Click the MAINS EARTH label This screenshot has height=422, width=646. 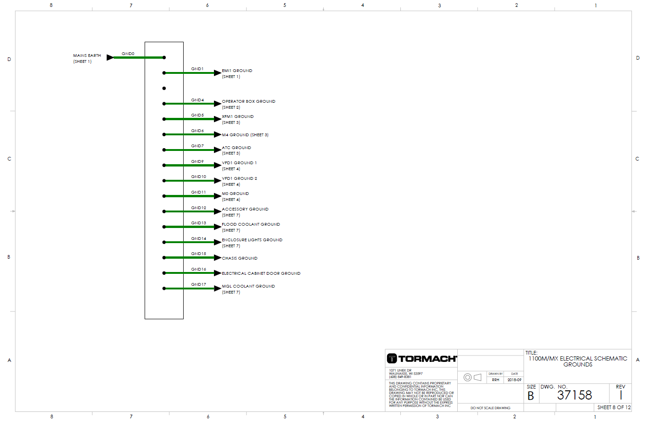click(x=87, y=56)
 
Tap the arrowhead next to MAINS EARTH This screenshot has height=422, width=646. click(x=110, y=57)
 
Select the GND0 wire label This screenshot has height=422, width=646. click(x=128, y=54)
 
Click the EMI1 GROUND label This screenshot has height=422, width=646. click(x=237, y=71)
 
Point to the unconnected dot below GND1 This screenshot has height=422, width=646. click(x=164, y=88)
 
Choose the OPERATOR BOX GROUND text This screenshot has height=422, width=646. click(x=248, y=101)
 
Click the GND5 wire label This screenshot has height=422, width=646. click(x=197, y=115)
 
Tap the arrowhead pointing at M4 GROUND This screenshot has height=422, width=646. click(x=218, y=134)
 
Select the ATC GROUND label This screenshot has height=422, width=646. click(x=236, y=148)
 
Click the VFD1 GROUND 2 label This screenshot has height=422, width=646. click(x=239, y=178)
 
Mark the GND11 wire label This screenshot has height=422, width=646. click(x=198, y=192)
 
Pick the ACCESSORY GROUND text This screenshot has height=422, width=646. click(x=245, y=209)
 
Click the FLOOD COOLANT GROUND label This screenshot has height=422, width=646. click(x=251, y=224)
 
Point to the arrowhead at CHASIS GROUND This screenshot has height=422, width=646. click(x=218, y=258)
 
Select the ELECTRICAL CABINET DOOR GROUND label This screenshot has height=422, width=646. click(x=261, y=273)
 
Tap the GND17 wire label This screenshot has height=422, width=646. click(x=198, y=284)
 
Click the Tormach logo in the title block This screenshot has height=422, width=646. click(x=421, y=359)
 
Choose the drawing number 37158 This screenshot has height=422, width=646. click(x=574, y=395)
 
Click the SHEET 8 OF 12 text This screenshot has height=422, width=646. click(x=614, y=407)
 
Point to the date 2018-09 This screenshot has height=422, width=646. click(x=514, y=380)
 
